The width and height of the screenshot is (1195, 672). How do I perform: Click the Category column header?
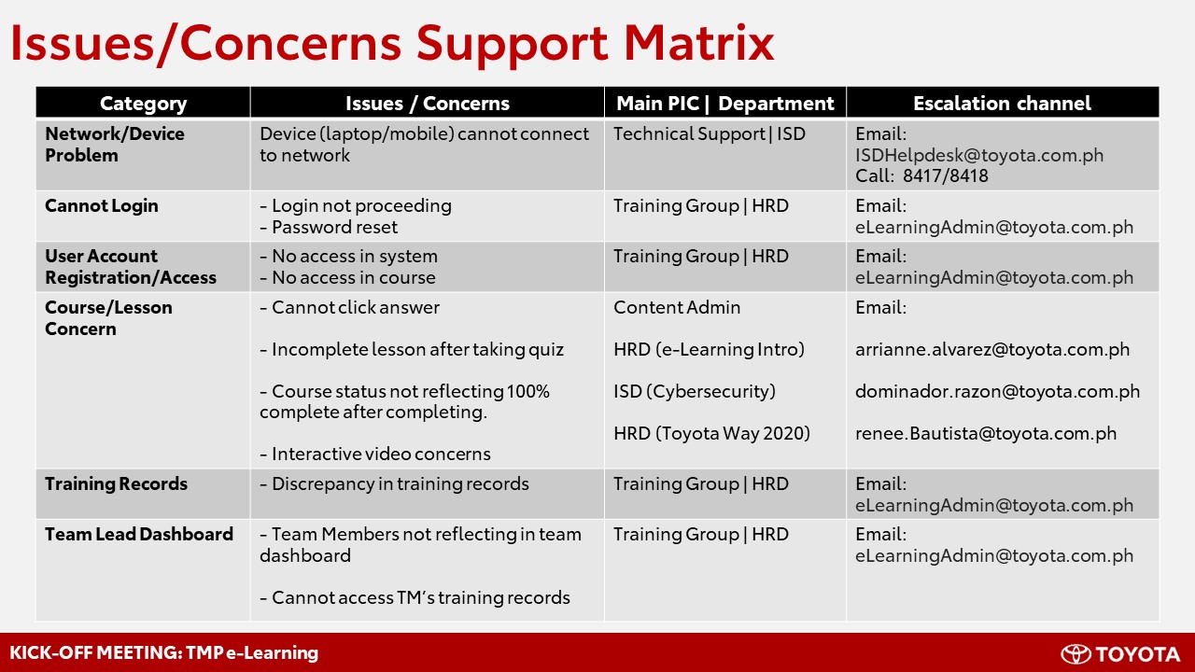(x=143, y=104)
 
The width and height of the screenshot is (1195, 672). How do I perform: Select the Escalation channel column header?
(x=1002, y=103)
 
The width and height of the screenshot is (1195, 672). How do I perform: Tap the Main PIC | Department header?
(x=725, y=103)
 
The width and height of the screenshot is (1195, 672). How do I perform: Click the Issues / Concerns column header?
(x=428, y=103)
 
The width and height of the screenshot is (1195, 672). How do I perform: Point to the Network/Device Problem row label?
(x=115, y=145)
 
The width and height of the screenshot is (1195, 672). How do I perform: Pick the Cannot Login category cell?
(x=102, y=206)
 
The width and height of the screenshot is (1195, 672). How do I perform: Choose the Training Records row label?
(x=116, y=483)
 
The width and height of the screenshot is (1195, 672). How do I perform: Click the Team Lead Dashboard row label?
(x=139, y=534)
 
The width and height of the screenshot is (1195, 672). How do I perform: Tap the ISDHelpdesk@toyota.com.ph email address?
(x=979, y=155)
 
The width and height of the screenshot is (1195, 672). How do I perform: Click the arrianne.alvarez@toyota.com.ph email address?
(x=992, y=349)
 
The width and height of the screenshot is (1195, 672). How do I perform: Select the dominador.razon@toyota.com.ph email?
(x=998, y=391)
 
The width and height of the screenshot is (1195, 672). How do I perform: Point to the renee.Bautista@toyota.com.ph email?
(x=986, y=434)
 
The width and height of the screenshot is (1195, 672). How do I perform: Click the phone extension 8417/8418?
(x=946, y=176)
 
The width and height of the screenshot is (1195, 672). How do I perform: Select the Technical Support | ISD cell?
(x=709, y=133)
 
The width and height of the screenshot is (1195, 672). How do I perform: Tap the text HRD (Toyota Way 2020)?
(x=711, y=434)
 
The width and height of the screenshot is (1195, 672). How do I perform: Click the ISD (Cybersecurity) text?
(x=695, y=391)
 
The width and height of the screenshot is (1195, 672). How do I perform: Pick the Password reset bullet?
(x=329, y=227)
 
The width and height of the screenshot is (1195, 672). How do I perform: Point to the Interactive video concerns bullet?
(x=375, y=454)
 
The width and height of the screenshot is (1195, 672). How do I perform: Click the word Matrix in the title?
(x=699, y=43)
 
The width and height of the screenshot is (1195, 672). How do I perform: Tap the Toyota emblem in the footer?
(x=1075, y=654)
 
